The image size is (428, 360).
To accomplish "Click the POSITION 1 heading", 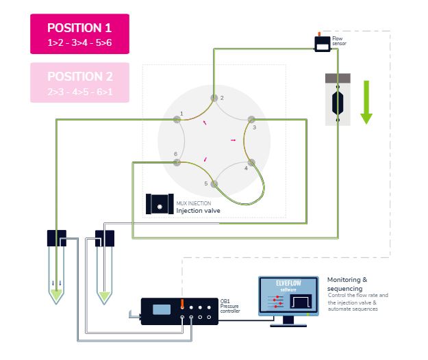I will click(x=79, y=28).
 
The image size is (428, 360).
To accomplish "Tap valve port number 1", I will click(x=177, y=119).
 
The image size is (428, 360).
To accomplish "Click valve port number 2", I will click(x=214, y=98).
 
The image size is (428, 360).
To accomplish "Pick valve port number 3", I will click(x=251, y=119).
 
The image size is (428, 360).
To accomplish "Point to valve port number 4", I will click(x=251, y=162).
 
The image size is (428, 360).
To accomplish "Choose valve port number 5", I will click(x=214, y=183).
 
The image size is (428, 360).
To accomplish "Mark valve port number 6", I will click(x=177, y=163).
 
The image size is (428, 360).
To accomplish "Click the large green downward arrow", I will click(x=366, y=101).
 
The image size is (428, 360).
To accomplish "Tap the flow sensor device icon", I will click(x=321, y=43).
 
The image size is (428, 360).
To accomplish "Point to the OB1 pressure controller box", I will click(x=179, y=311).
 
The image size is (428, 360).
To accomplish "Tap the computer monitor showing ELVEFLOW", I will click(x=288, y=296).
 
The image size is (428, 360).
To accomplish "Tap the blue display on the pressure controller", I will click(x=162, y=309).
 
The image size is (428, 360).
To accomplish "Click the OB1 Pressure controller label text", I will click(x=230, y=306).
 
